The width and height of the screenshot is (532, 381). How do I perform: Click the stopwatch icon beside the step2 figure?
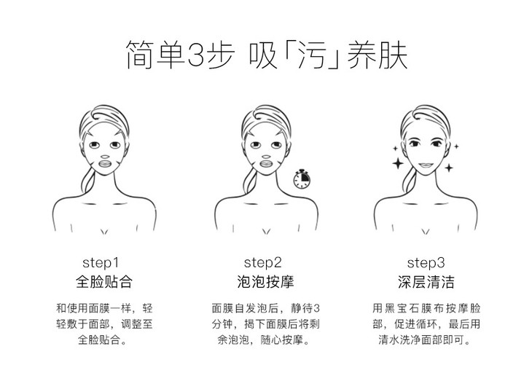pos(302,178)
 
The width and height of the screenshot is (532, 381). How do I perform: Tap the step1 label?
pos(101,263)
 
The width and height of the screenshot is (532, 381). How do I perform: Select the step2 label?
pos(263,263)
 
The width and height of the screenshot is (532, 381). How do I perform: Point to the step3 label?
pos(426,263)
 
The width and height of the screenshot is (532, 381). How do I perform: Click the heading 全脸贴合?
pos(103,282)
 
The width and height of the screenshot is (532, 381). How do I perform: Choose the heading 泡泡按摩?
pos(265,282)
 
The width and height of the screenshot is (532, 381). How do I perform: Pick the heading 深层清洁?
pos(426,282)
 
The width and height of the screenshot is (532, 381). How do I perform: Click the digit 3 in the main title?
pos(196,55)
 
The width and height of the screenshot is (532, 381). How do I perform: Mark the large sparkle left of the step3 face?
pos(398,163)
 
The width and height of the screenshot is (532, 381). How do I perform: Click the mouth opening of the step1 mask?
pos(105,164)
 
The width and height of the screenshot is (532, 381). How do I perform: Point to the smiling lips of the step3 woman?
pos(425,165)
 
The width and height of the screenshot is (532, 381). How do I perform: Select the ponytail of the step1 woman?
pos(88,179)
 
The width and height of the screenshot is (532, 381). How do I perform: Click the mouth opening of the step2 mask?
pos(267,164)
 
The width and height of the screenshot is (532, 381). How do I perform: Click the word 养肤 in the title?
pos(377,55)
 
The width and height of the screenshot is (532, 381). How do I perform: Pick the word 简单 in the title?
pos(155,55)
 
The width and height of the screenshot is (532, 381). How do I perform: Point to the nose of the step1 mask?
pos(105,157)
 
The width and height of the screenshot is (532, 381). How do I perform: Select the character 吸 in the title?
pos(262,55)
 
